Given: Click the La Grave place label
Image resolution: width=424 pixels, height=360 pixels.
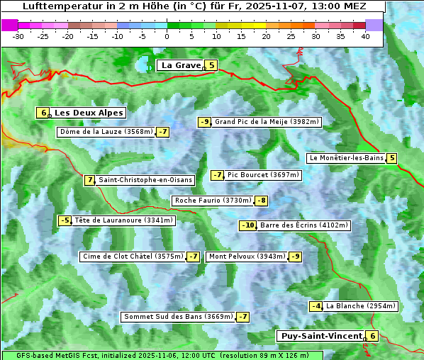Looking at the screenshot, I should tap(181, 65).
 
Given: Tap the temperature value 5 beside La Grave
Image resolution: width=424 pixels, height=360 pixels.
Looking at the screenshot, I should tap(211, 65).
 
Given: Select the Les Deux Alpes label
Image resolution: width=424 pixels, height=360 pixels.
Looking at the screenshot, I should tap(89, 113).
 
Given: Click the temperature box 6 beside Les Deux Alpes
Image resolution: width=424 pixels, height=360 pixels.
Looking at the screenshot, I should tap(43, 113).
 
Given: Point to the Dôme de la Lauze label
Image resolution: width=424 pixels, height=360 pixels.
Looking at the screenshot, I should tap(106, 132).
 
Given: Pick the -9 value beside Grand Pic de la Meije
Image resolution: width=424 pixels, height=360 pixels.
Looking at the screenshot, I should tap(205, 122).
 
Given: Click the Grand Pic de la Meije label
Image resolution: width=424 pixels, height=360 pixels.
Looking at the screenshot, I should tap(267, 122).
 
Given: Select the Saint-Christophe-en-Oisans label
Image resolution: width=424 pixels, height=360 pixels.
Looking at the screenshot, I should tap(145, 180).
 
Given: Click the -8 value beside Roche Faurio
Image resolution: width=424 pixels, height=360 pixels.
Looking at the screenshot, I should tap(262, 201).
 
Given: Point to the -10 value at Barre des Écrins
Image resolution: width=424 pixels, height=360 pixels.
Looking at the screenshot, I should tap(247, 225).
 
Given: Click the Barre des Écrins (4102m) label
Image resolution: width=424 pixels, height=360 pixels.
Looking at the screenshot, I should tap(304, 225).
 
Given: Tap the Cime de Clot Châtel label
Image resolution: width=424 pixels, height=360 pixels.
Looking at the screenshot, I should tap(133, 257).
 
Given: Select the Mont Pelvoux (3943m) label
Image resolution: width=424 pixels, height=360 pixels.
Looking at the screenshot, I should tap(247, 257).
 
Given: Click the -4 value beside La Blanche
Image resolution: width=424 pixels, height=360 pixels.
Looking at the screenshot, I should tap(316, 306).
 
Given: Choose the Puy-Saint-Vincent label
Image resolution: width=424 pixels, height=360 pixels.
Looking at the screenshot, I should tap(320, 336).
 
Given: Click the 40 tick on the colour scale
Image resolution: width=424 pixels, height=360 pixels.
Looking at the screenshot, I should tap(364, 36).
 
